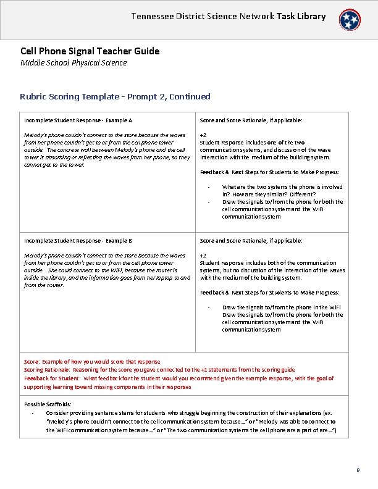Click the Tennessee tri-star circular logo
(351, 20)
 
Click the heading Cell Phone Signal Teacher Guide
(90, 51)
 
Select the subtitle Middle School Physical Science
(73, 62)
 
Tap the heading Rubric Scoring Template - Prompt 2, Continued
(115, 96)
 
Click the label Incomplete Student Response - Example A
(78, 120)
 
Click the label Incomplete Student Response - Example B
(78, 240)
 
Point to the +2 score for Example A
(203, 135)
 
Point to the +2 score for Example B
(203, 255)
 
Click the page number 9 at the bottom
(358, 471)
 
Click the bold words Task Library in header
(300, 16)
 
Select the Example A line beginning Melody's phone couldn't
(104, 135)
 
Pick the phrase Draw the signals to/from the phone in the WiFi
(282, 307)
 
